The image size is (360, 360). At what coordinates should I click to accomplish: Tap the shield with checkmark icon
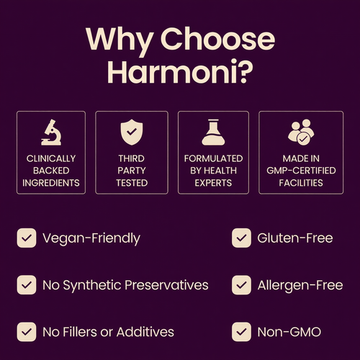pos(132,132)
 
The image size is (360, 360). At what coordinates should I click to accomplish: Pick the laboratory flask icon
pos(214,132)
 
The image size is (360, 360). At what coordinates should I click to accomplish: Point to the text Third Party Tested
pos(132,170)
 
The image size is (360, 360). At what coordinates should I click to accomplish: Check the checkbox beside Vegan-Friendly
pos(27,238)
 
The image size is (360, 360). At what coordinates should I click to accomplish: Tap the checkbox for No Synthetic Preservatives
pos(27,284)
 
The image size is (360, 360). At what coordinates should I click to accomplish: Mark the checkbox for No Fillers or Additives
pos(27,332)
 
